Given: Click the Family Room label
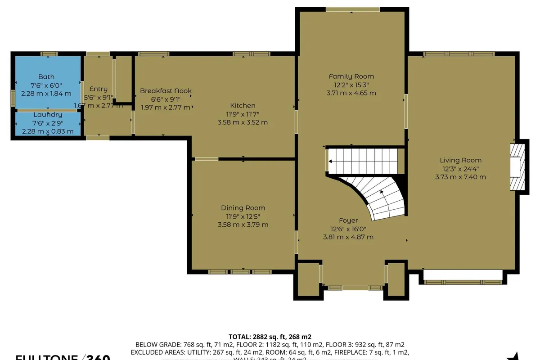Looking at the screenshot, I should (x=351, y=76).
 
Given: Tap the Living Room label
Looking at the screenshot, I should (x=460, y=160).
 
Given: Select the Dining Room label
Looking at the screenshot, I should (x=243, y=208).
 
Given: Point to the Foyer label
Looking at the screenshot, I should (x=348, y=220).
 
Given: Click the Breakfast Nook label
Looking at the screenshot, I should (x=166, y=91).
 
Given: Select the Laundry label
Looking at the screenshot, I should (x=47, y=115).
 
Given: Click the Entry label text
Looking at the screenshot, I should (x=99, y=89).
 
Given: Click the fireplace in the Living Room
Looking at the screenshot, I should (x=517, y=167).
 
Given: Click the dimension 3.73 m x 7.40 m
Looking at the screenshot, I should (x=460, y=177).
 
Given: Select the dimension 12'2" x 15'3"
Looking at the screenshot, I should (x=351, y=85).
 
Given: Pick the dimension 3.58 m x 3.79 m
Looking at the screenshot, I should (x=243, y=225).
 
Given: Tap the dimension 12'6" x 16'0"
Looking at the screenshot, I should (x=348, y=229).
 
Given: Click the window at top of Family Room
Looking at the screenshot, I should (x=353, y=9).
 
